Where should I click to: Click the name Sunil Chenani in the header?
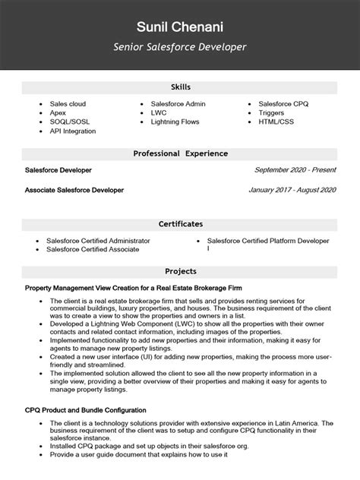[180, 27]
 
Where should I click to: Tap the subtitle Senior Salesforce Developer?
[180, 47]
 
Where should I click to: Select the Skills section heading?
[180, 88]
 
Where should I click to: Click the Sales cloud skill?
[68, 103]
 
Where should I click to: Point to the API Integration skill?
[72, 131]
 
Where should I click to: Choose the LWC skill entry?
[158, 112]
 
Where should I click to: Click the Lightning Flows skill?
[174, 122]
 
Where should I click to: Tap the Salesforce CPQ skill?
[285, 103]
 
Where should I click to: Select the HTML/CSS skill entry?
[276, 122]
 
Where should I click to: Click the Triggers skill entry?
[271, 112]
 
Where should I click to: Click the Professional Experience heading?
[180, 153]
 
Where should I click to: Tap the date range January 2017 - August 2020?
[292, 190]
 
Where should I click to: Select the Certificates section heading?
[180, 224]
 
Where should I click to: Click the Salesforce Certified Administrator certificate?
[98, 240]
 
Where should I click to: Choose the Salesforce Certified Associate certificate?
[93, 249]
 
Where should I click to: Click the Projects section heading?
[180, 271]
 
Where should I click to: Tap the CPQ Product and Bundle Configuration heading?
[85, 411]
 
